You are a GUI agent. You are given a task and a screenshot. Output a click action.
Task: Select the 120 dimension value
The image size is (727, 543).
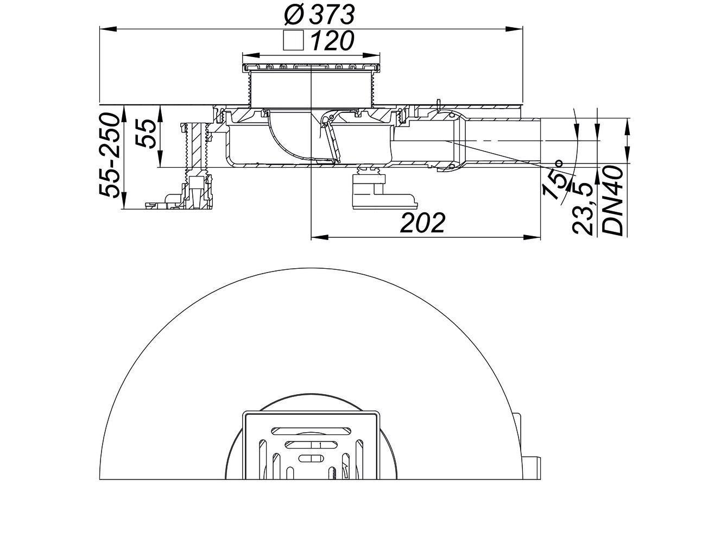(x=332, y=41)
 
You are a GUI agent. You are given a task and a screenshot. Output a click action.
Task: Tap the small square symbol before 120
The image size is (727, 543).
(x=294, y=41)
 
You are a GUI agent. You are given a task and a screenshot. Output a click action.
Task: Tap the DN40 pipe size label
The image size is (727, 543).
(x=613, y=201)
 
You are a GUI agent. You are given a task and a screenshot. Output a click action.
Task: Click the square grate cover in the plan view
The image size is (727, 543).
(x=312, y=445)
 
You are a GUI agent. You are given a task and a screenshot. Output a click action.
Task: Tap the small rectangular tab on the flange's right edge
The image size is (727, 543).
(x=535, y=466)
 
